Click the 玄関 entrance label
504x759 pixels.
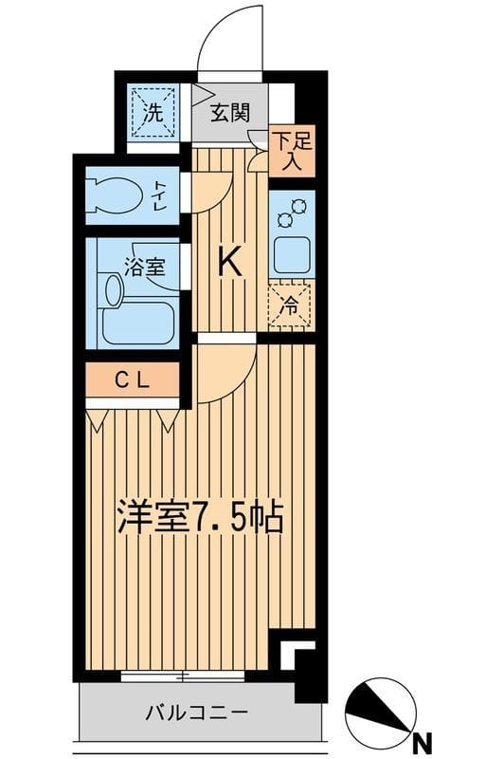230,113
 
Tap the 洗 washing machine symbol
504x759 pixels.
153,112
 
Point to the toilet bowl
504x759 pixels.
117,195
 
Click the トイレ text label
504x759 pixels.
161,194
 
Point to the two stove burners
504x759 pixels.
290,213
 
